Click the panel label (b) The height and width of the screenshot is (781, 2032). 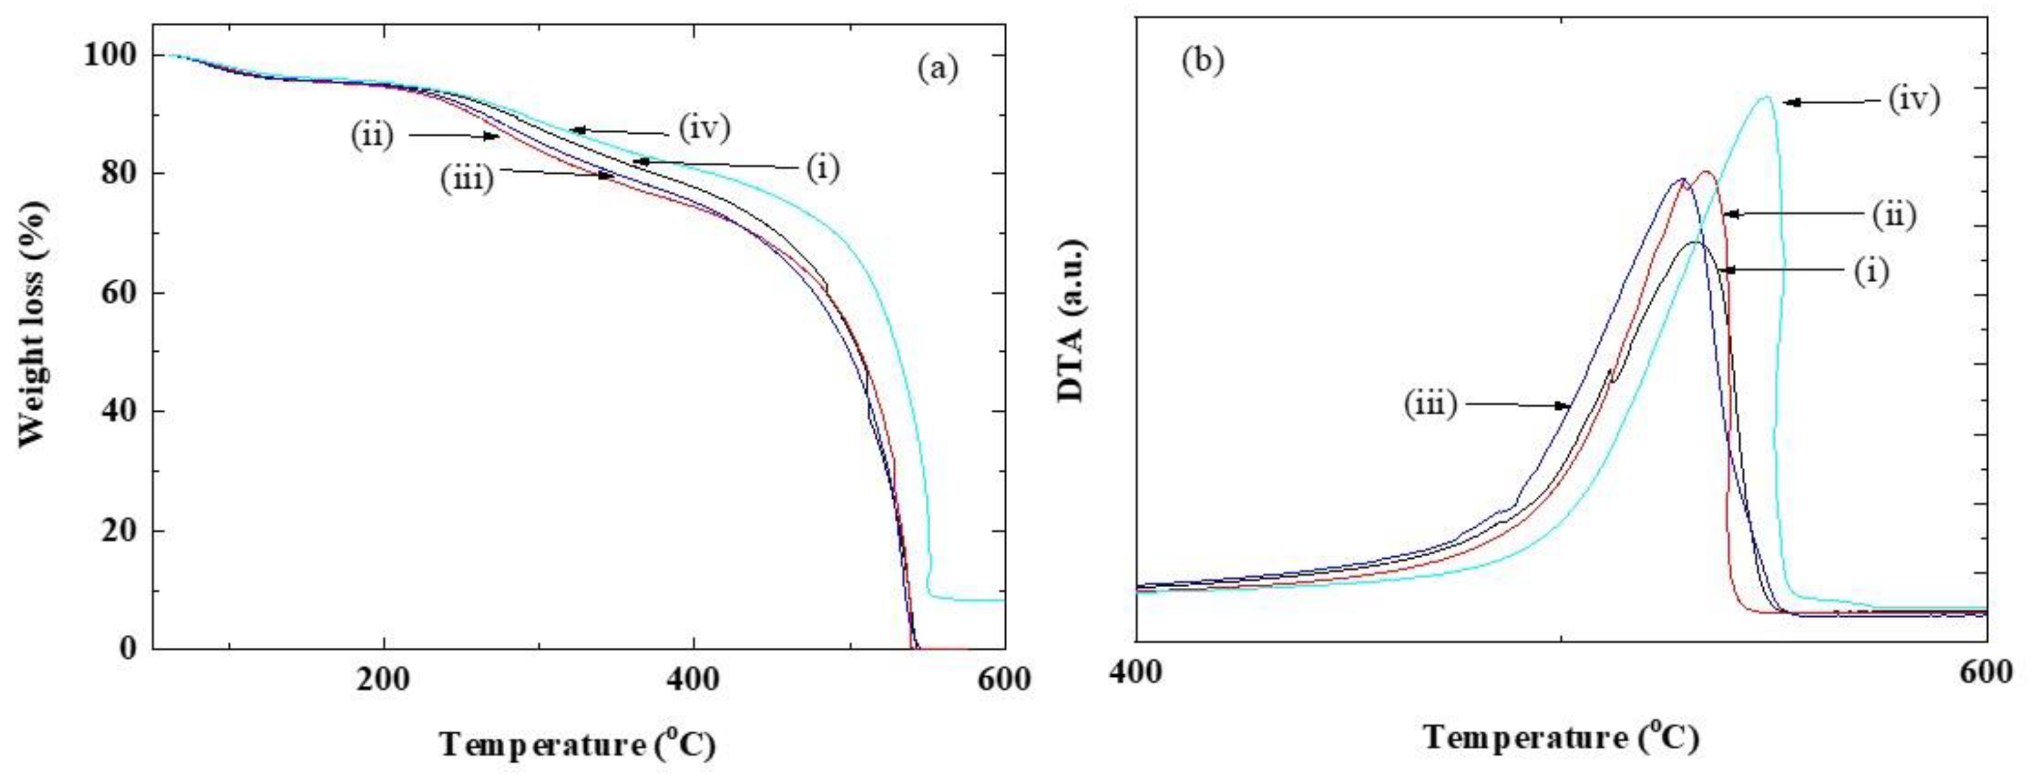tap(1202, 61)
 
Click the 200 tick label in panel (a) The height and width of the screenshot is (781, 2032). tap(382, 680)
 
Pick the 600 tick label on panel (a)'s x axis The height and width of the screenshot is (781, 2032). tap(1003, 680)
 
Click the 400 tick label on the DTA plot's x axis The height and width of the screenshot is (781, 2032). tap(1136, 672)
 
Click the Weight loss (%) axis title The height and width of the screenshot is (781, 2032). tap(33, 323)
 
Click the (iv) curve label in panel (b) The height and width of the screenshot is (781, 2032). tap(1913, 100)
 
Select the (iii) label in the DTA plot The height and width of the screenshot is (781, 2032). tap(1429, 405)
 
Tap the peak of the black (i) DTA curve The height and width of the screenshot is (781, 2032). tap(1694, 242)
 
